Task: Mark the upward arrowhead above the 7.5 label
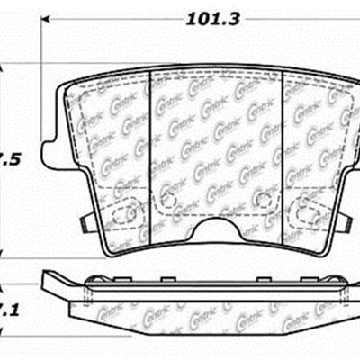point(4,66)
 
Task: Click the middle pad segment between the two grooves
point(216,144)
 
